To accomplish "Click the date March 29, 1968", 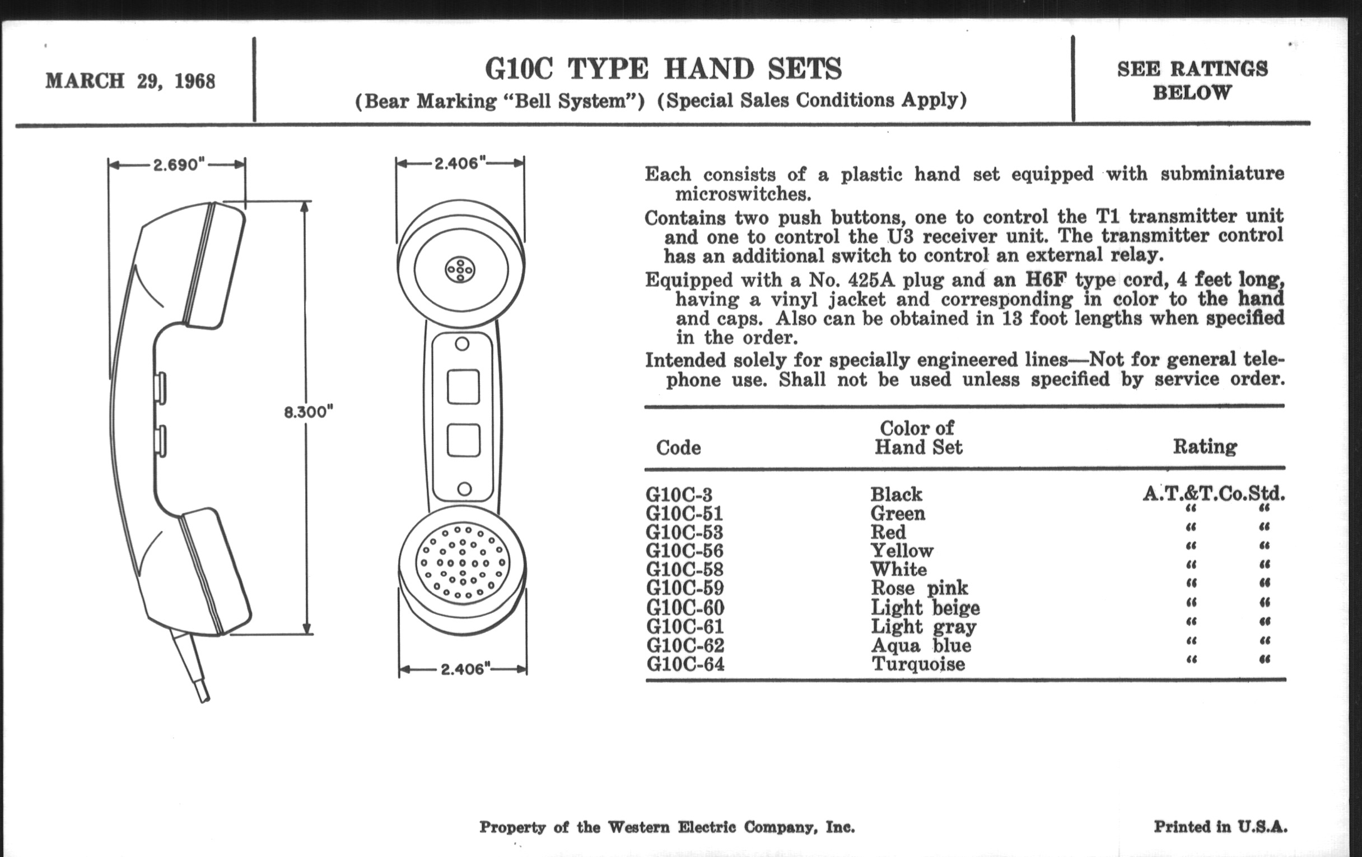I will [130, 81].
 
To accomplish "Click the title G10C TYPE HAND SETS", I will [663, 69].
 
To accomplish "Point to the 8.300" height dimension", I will [309, 412].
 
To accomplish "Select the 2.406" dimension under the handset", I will [463, 669].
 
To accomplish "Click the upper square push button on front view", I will [463, 387].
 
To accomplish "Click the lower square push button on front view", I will [463, 441].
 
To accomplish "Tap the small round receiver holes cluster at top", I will [460, 270].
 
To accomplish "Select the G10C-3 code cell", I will [679, 495].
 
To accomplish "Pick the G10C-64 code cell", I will [685, 664].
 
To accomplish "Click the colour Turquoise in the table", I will [918, 664].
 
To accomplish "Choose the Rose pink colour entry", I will [919, 588].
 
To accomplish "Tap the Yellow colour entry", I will [902, 551].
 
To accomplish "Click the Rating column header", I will [1205, 447].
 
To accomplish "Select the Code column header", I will [678, 448].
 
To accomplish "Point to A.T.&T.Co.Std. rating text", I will [1214, 494].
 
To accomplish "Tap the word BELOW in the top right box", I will [1192, 93].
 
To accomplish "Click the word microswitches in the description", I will [743, 194].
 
